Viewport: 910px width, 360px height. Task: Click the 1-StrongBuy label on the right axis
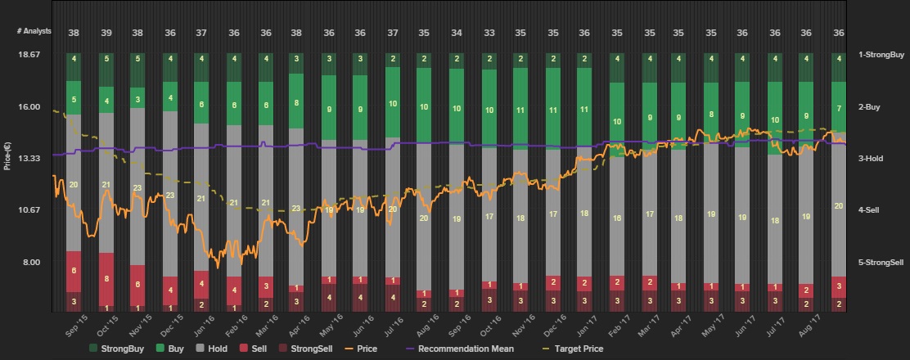tap(881, 54)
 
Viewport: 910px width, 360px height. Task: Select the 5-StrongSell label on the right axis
tap(881, 263)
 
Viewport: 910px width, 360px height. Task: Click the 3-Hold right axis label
tap(870, 159)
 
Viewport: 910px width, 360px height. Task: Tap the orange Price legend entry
tap(360, 349)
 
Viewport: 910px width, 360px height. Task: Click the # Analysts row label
tap(34, 31)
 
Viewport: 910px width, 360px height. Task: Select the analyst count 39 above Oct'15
tap(106, 32)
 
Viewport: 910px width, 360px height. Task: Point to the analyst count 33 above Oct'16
tap(489, 32)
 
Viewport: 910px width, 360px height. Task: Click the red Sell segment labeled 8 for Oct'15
tap(106, 278)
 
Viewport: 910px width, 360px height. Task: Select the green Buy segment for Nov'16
tap(520, 109)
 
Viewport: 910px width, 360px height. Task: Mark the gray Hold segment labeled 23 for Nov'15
tap(137, 187)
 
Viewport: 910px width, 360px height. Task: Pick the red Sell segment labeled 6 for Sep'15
tap(74, 271)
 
